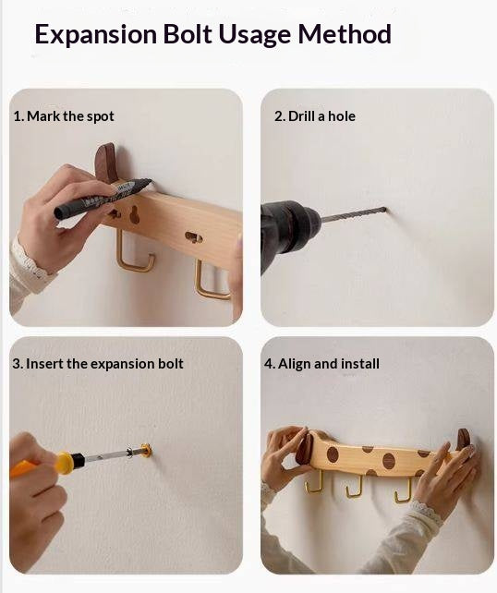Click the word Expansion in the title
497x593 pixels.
(x=96, y=34)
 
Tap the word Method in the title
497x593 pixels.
(x=345, y=33)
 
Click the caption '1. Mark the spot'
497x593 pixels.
(x=64, y=116)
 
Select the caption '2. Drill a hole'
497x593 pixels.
(x=315, y=116)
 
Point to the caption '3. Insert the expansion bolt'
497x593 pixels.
(x=98, y=364)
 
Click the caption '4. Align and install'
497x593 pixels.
(x=321, y=364)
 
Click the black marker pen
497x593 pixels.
(x=103, y=198)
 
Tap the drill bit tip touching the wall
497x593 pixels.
(x=384, y=209)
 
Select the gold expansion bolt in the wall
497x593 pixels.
(x=146, y=450)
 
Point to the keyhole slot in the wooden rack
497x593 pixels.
(x=134, y=215)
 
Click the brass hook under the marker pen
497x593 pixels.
(x=133, y=254)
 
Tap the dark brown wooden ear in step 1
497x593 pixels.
(x=106, y=163)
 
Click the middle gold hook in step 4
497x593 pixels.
(x=354, y=487)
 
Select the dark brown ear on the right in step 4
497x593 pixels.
(x=463, y=440)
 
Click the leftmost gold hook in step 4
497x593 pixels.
(x=315, y=481)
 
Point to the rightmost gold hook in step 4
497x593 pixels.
(x=403, y=491)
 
